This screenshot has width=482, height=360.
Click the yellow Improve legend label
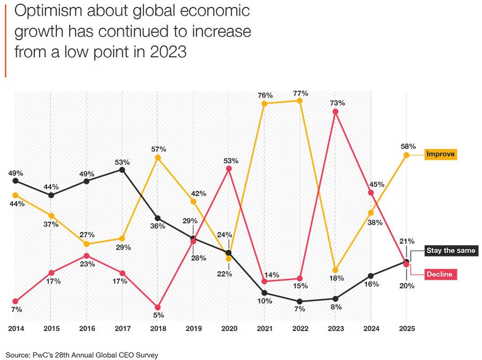(440, 154)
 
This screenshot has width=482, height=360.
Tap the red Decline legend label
(439, 274)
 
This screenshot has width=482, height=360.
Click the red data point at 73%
(335, 112)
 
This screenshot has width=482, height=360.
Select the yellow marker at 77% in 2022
(300, 101)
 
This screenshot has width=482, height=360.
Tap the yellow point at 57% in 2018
(157, 157)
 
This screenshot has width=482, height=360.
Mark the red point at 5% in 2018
(157, 307)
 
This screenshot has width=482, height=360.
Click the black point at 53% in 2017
(122, 170)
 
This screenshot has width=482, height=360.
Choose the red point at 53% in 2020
(229, 169)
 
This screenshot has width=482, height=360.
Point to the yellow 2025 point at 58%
(406, 155)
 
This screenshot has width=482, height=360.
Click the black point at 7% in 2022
(300, 302)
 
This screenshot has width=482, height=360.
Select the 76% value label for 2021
(265, 95)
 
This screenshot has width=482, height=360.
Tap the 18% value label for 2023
(336, 278)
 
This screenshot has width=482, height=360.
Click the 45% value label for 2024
(376, 184)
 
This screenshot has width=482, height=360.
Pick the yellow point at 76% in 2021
(265, 103)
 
